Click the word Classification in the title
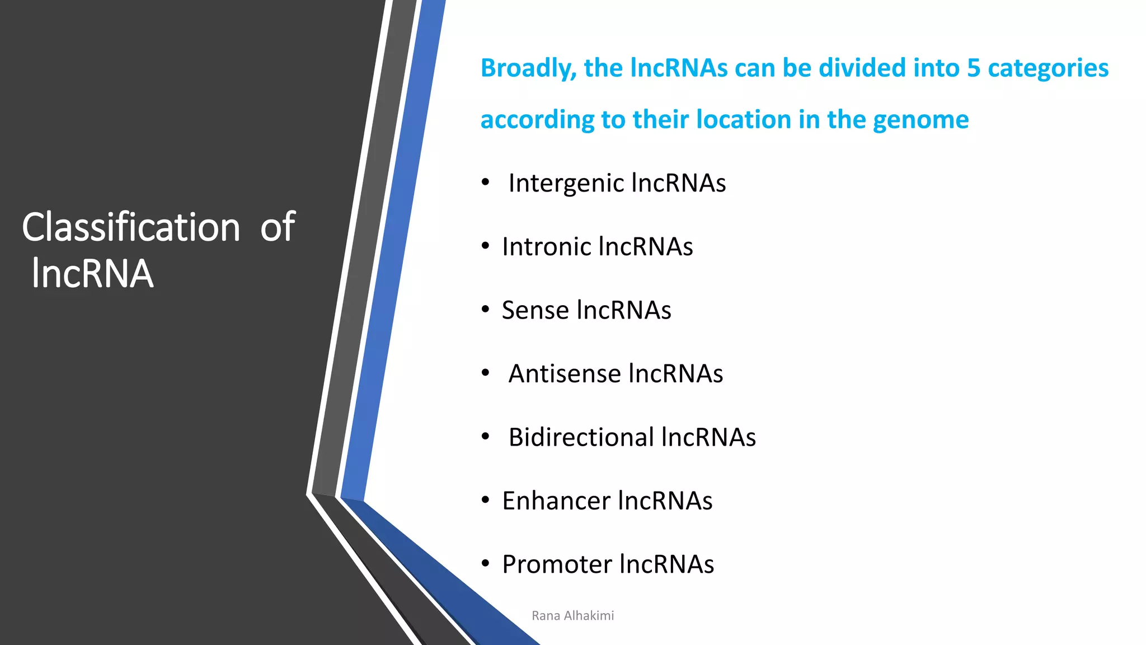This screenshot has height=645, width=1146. click(x=131, y=227)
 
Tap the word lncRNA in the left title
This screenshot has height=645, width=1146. click(x=92, y=274)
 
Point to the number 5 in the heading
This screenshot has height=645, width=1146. click(x=974, y=68)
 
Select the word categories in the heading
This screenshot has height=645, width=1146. click(x=1048, y=69)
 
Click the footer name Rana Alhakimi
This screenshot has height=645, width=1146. click(x=572, y=616)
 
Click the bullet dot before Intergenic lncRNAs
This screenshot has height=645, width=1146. click(x=485, y=183)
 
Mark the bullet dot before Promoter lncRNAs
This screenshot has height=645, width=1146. click(x=485, y=563)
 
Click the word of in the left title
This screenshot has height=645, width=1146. click(x=278, y=227)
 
